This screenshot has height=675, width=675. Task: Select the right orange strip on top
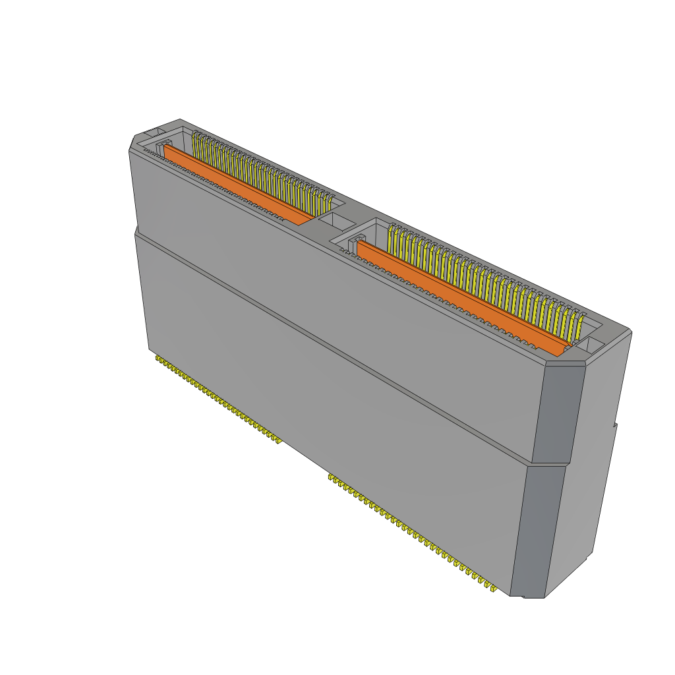coord(461,297)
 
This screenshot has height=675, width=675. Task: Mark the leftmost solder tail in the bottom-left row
coord(158,359)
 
